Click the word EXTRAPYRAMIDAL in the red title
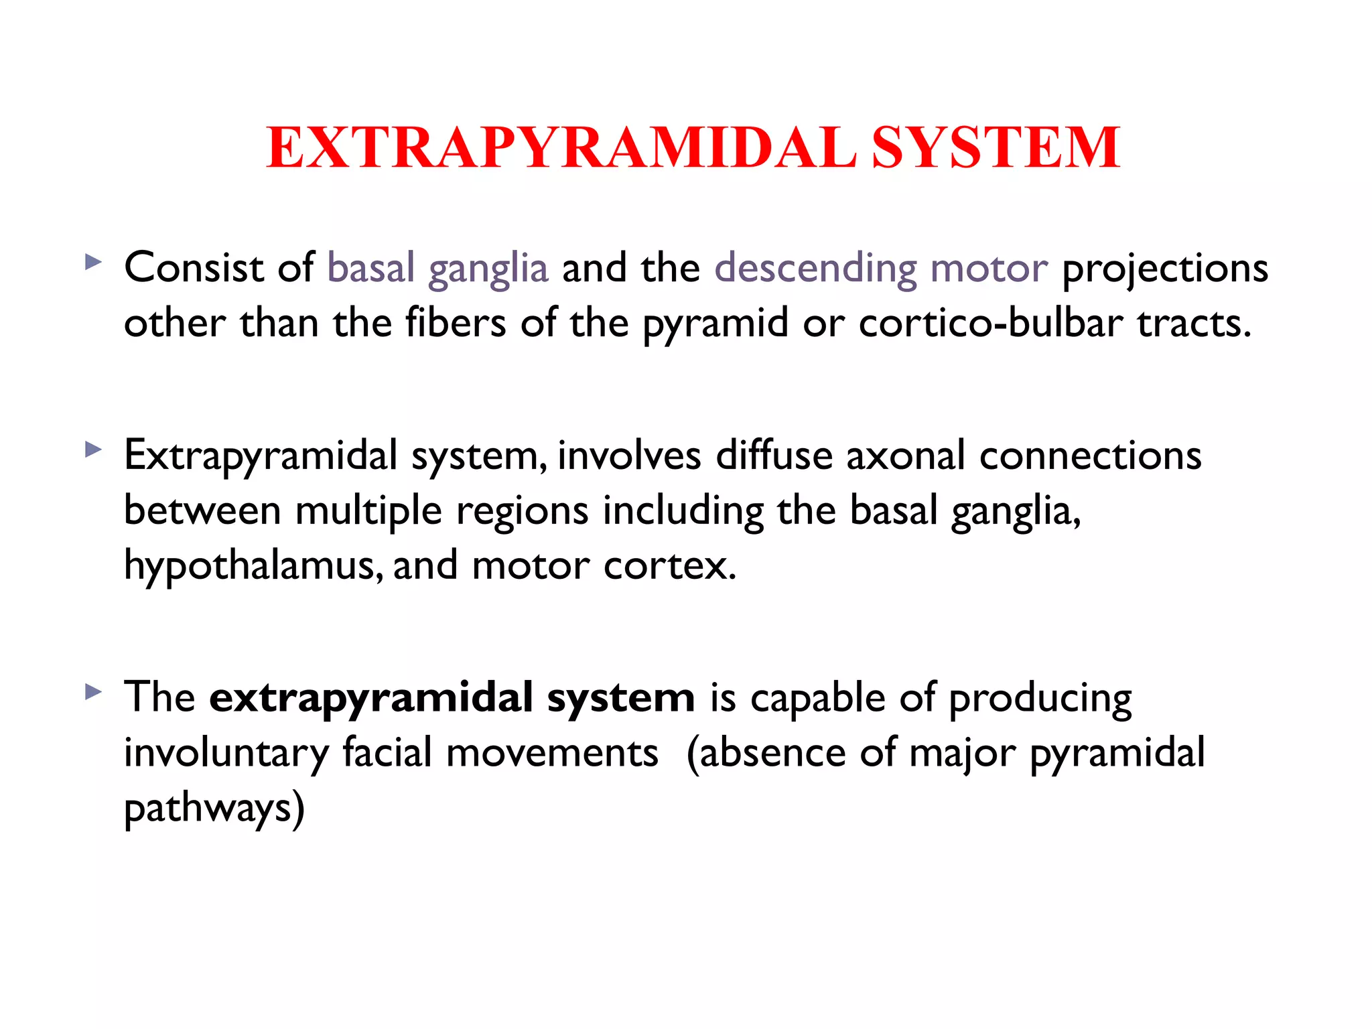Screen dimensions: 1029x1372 561,148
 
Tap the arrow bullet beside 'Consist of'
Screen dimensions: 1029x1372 94,261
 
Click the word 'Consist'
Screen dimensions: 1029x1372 194,268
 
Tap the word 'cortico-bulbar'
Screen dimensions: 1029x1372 990,323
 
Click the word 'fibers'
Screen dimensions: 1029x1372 456,323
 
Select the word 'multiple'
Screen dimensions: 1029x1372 368,511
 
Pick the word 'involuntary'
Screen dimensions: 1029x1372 226,754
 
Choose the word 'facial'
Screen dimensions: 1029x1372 387,752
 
